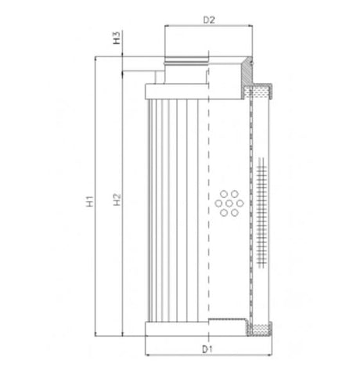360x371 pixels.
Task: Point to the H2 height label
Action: click(x=117, y=200)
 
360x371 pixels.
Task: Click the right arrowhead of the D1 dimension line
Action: click(x=272, y=340)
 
